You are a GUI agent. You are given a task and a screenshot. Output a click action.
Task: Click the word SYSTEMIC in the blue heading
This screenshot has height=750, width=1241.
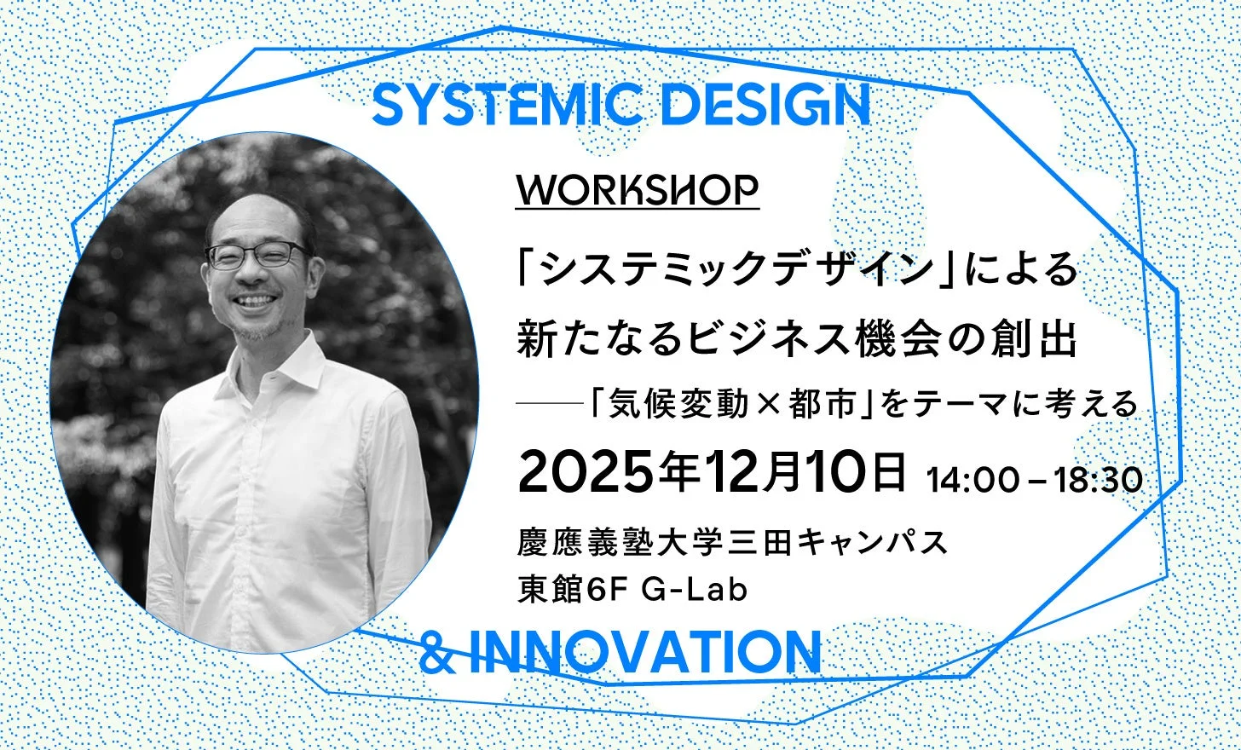pos(507,107)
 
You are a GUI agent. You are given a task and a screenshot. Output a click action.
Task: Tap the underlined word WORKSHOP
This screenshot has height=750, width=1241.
pos(637,190)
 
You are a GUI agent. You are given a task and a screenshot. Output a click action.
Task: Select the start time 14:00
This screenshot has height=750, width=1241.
pos(973,480)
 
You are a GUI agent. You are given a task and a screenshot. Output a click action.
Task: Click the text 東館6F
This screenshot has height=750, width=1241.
pos(571,589)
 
